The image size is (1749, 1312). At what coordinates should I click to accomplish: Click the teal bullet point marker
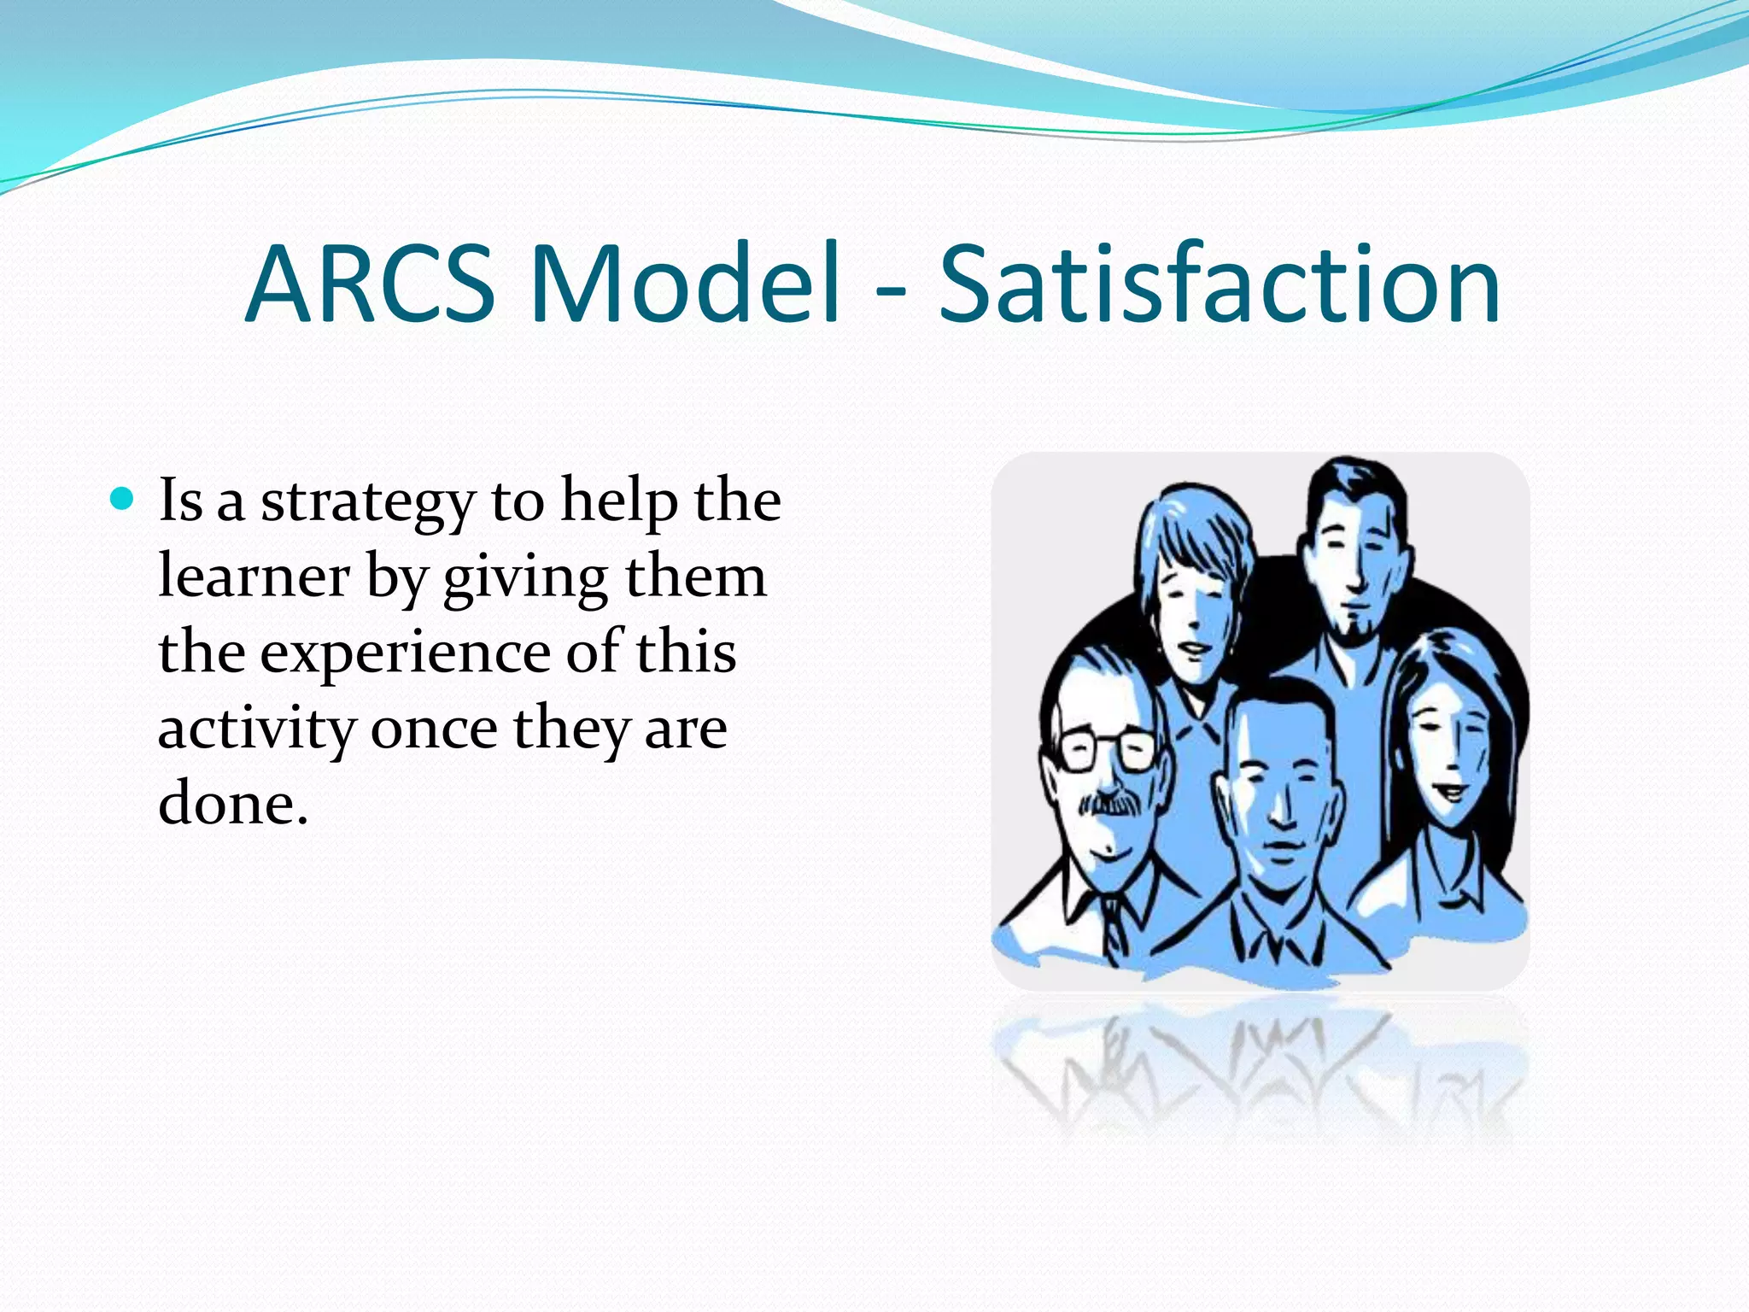123,498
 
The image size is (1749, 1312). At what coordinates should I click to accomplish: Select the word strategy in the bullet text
367,504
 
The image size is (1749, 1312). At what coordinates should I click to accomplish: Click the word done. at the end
232,805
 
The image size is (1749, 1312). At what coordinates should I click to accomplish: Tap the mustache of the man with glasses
1111,804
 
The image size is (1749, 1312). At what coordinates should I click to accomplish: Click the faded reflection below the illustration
1261,1068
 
